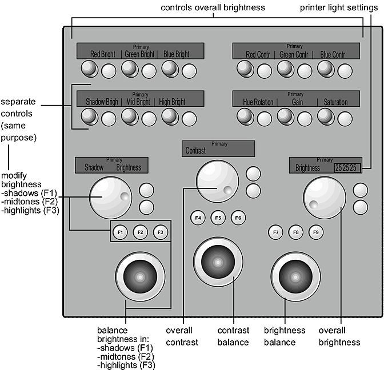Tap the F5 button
217,218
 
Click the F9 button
315,232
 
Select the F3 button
160,232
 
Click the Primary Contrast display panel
218,148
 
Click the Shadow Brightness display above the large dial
112,165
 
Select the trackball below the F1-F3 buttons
140,278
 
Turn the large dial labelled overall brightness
325,196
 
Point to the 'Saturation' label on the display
335,102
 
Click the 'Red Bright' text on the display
103,54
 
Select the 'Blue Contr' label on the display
333,54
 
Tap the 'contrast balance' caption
233,336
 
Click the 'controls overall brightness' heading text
212,8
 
